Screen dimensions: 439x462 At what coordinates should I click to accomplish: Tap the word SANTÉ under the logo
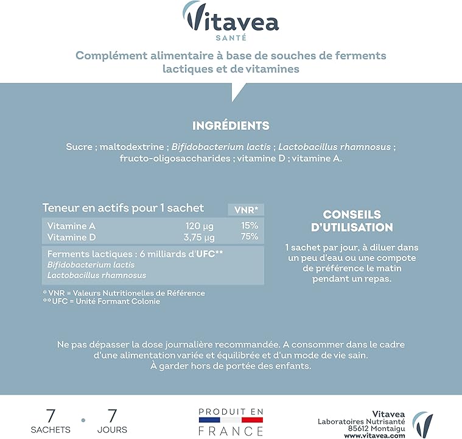point(231,37)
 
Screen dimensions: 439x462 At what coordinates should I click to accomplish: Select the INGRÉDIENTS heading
point(231,126)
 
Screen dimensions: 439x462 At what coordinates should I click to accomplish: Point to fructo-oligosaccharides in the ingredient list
point(172,159)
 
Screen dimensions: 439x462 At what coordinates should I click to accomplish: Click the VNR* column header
point(246,210)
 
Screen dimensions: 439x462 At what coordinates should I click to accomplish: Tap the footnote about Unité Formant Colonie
point(102,302)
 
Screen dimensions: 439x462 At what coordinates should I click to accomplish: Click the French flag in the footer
point(231,420)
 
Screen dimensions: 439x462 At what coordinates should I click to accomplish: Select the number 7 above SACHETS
point(51,416)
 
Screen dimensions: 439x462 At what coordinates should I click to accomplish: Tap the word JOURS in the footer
point(112,430)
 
